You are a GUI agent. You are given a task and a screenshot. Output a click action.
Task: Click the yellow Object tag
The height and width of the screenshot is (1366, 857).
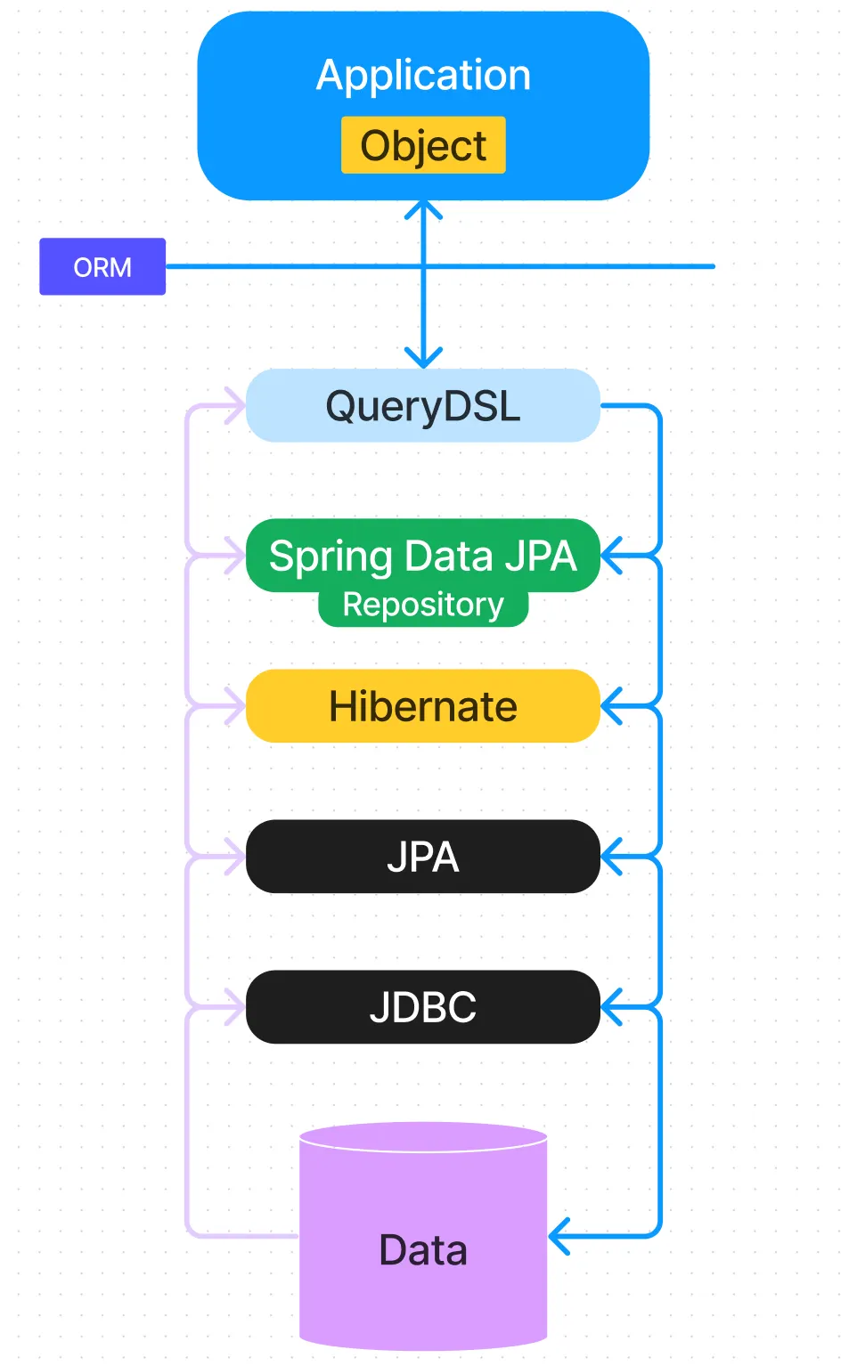(423, 145)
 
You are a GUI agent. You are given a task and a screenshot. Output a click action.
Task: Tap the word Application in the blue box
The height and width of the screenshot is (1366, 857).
(423, 75)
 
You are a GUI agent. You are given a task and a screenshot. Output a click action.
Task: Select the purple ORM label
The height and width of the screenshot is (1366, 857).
(102, 266)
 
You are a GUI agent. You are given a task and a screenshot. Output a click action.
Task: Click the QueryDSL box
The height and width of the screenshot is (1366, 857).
(423, 406)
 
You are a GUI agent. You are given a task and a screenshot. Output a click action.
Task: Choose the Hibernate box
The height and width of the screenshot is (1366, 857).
(423, 706)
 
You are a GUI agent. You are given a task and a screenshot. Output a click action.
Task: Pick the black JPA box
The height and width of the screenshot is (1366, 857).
(423, 857)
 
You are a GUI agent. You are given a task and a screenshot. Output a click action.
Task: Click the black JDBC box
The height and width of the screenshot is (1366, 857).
(423, 1007)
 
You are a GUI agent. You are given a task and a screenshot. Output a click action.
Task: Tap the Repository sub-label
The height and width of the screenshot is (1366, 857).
(423, 606)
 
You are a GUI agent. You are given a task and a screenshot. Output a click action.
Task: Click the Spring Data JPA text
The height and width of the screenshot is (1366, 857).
(423, 557)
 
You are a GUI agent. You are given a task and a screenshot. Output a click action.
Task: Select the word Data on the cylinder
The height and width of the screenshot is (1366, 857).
(423, 1250)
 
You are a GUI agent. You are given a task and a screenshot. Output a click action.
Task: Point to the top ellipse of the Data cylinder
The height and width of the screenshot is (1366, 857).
(423, 1137)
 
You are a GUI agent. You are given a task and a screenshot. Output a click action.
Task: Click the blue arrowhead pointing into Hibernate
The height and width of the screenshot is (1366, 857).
(610, 706)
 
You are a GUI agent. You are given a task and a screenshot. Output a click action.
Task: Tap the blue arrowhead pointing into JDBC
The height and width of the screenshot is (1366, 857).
(610, 1007)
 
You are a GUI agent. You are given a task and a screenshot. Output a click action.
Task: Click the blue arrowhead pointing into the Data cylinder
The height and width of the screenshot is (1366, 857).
(559, 1236)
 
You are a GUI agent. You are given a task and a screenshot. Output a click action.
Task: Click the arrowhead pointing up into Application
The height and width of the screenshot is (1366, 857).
(423, 209)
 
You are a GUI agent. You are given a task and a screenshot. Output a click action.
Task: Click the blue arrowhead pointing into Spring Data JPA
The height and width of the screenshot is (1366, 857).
(610, 556)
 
